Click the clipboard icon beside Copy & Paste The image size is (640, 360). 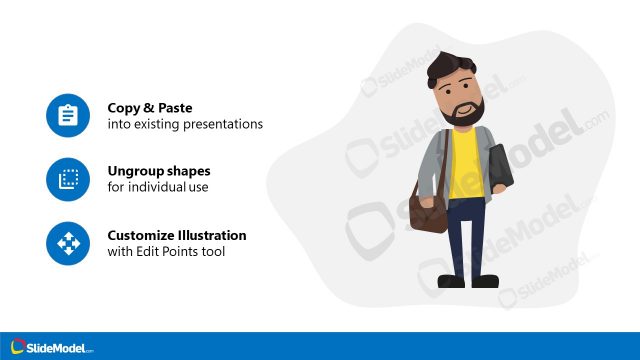[68, 116]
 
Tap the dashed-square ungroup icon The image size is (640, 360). [68, 180]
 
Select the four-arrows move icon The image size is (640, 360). [68, 243]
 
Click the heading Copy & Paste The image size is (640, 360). [150, 108]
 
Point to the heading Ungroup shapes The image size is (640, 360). [159, 171]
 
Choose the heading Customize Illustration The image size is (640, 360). [177, 235]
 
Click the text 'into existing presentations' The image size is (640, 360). [185, 125]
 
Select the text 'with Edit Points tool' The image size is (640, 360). [166, 252]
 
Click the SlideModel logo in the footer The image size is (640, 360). [52, 347]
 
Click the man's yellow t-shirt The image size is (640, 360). [464, 165]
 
